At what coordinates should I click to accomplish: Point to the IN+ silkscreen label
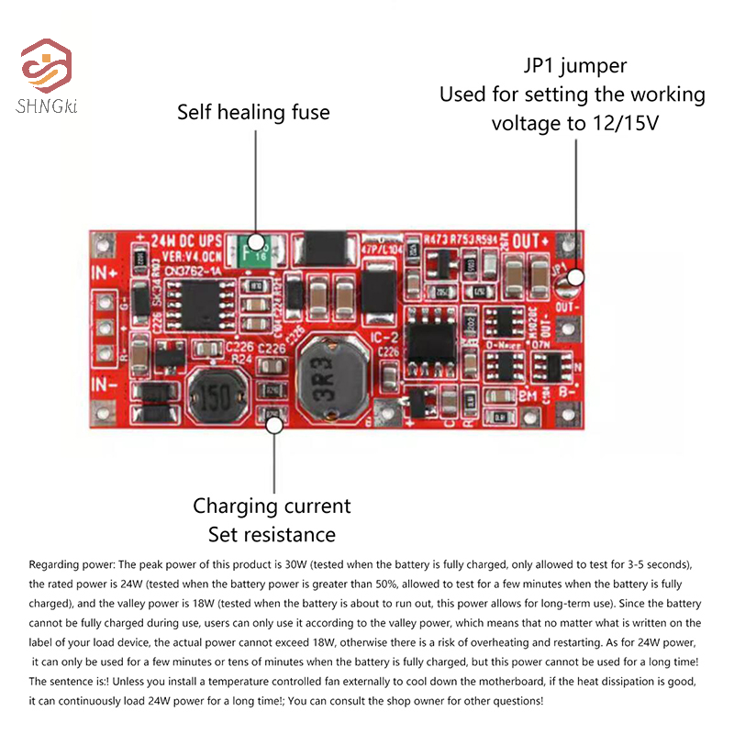(x=104, y=272)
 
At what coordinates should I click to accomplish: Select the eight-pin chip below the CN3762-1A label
(x=206, y=307)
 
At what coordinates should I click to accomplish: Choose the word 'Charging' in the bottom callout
(x=235, y=506)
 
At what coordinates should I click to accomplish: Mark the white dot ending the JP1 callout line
(x=576, y=277)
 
